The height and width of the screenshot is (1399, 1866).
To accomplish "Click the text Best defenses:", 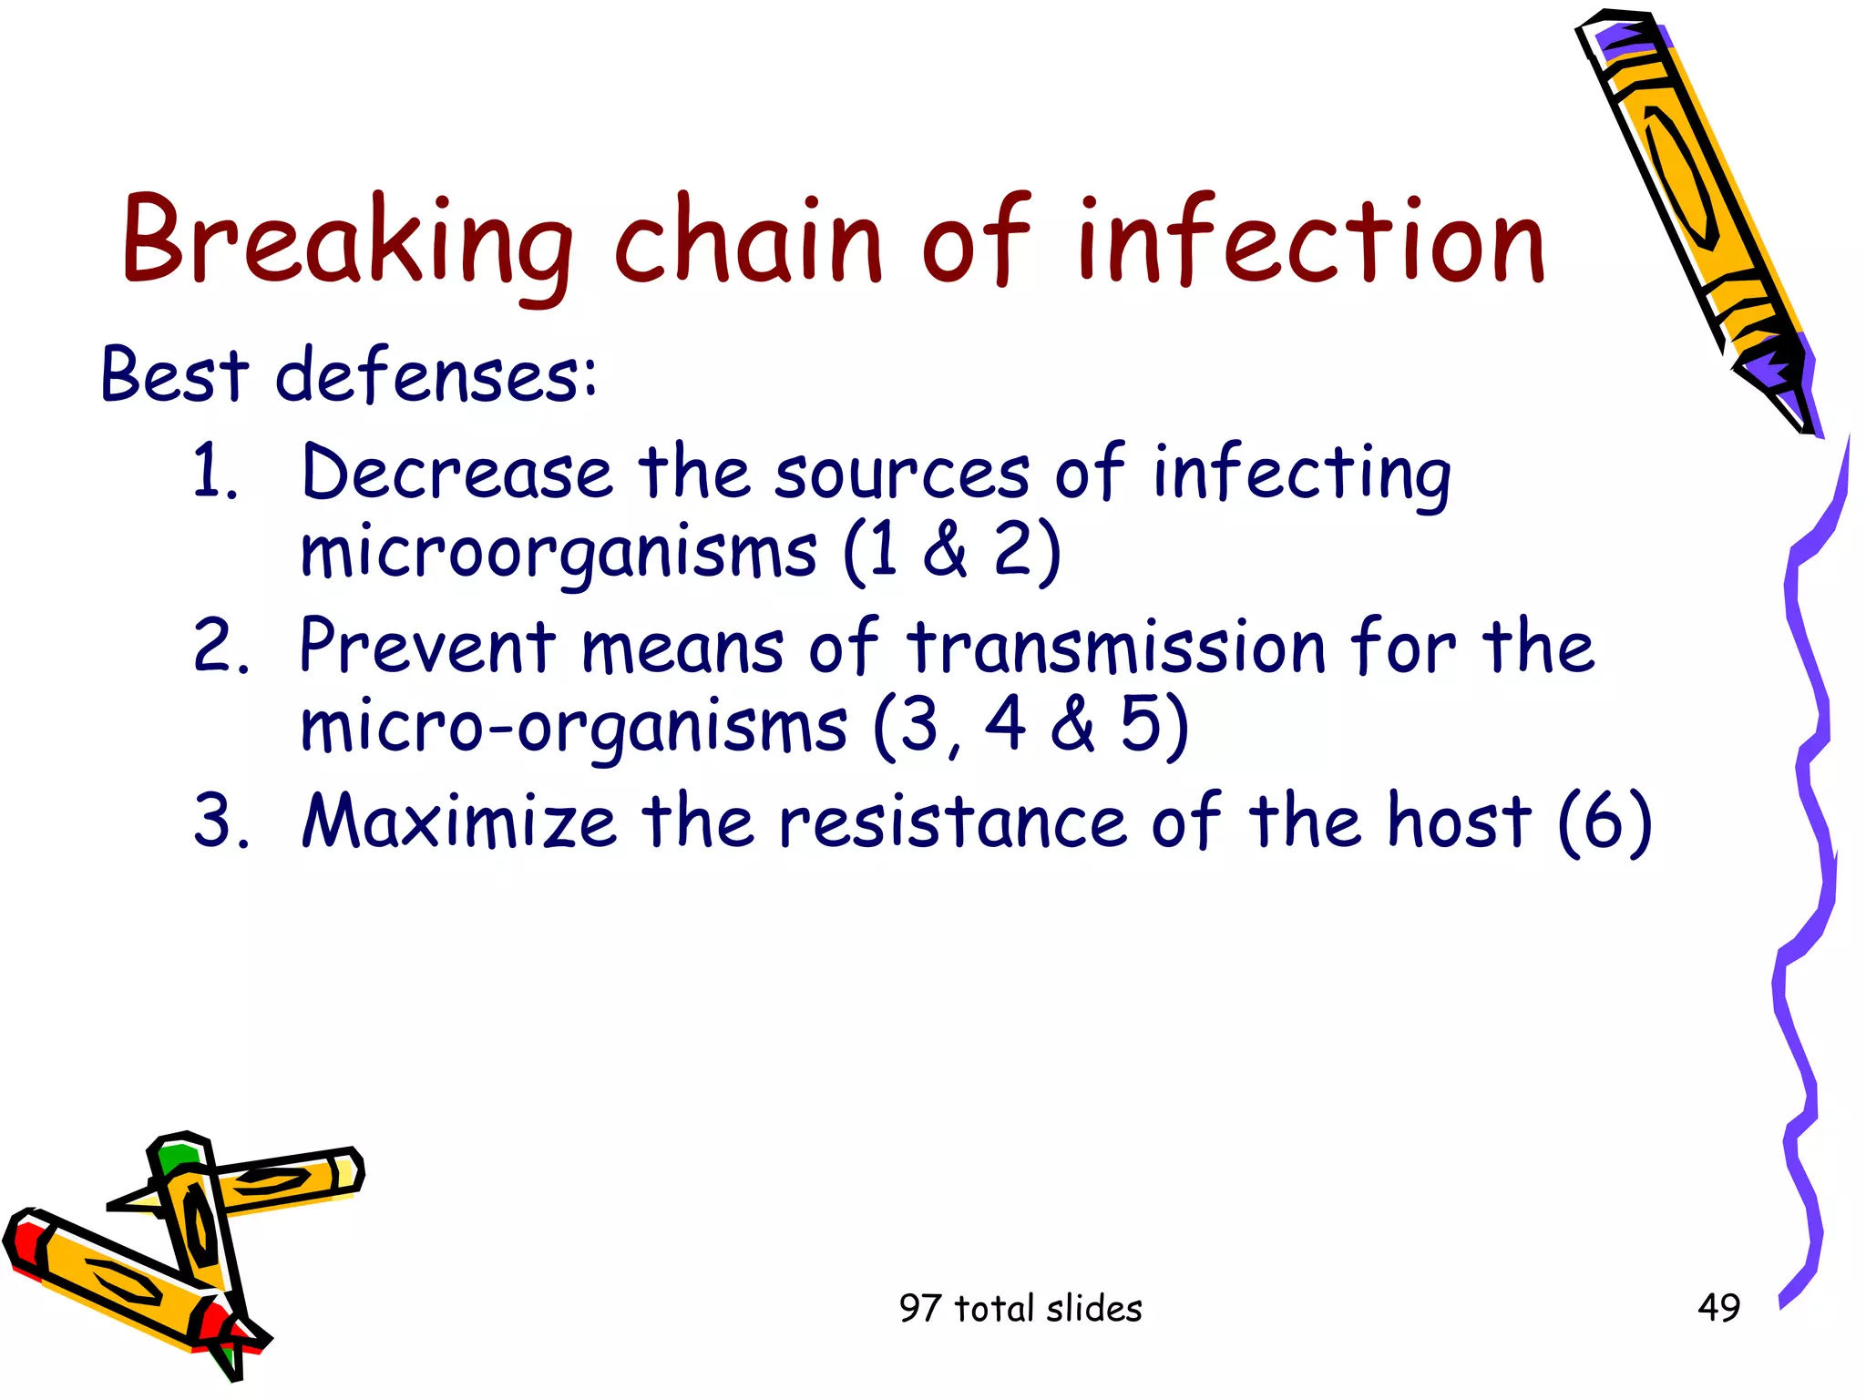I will coord(348,375).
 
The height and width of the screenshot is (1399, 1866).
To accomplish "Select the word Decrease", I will coord(456,474).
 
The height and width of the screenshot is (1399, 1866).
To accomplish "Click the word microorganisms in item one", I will coord(558,553).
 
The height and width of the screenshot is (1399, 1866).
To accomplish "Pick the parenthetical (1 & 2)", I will coord(951,551).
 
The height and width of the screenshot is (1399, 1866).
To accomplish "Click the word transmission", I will coord(1115,647).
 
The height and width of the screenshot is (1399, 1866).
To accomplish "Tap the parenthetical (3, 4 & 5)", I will coord(1030,726).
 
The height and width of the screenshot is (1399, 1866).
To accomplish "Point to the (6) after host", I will coord(1604,822).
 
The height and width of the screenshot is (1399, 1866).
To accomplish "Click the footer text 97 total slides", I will coord(1020,1309).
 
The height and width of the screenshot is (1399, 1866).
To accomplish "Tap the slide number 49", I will coord(1718,1308).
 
